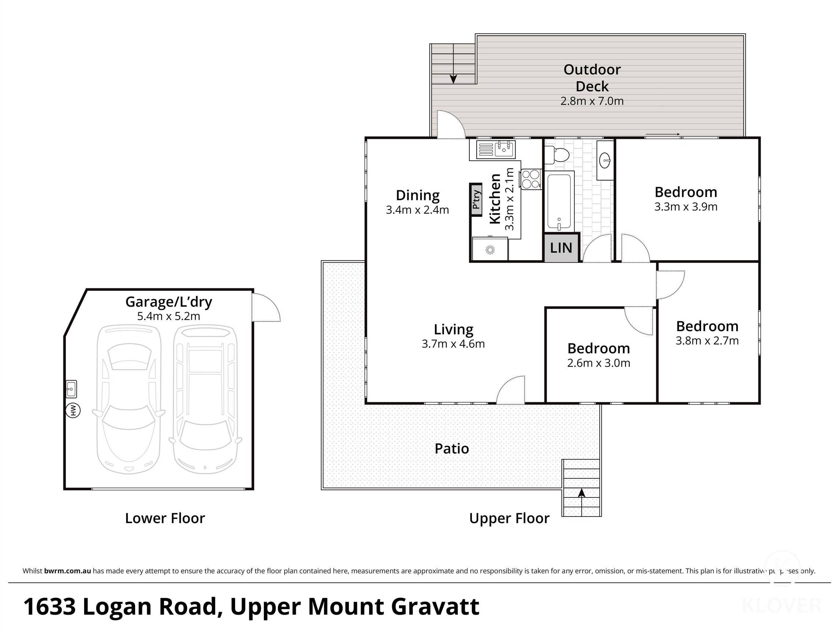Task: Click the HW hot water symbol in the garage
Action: click(73, 410)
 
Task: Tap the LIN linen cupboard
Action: click(562, 248)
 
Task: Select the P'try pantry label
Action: click(476, 200)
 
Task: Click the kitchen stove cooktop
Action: click(531, 179)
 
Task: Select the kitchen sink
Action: click(496, 149)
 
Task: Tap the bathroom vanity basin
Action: click(605, 160)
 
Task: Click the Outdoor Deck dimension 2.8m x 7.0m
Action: click(592, 101)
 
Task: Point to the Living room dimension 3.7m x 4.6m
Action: click(453, 344)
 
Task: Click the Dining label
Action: click(418, 196)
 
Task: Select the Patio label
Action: click(452, 449)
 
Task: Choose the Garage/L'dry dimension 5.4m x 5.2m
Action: click(168, 316)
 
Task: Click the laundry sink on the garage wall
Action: click(71, 389)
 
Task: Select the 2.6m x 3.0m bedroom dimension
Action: click(599, 363)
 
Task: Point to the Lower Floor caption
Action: click(165, 518)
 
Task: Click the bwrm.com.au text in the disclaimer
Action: click(67, 571)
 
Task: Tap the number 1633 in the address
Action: click(50, 606)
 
